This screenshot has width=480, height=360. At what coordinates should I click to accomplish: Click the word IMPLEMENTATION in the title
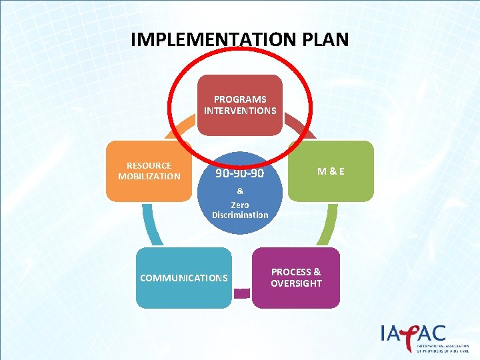213,39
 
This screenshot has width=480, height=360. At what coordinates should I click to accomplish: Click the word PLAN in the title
323,39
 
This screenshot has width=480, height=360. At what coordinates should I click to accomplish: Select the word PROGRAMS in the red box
240,99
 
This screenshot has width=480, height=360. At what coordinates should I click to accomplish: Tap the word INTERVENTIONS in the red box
240,110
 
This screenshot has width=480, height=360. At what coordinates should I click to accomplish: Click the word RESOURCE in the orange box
149,165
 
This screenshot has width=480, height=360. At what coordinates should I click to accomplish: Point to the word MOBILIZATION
149,176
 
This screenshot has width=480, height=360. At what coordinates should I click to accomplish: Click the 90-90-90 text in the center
239,173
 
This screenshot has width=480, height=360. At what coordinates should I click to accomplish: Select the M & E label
331,171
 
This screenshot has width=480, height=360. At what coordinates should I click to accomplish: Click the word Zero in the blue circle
240,205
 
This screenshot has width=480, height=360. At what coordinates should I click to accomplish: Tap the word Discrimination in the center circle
240,215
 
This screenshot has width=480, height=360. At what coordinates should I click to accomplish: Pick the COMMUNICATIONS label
184,278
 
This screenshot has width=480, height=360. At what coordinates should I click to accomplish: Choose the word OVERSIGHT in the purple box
296,283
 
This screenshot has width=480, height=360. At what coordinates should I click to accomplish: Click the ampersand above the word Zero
240,191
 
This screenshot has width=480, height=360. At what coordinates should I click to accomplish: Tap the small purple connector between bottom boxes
242,292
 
